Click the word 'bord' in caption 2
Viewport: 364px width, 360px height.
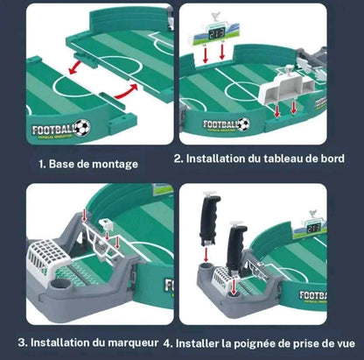pyautogui.click(x=341, y=159)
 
